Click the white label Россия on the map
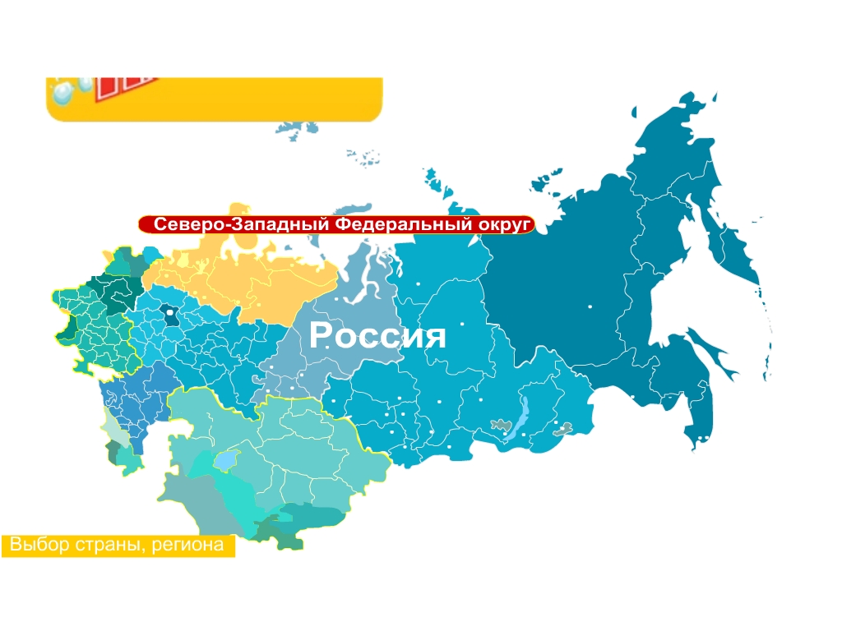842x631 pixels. [377, 336]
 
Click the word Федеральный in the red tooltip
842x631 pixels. [405, 224]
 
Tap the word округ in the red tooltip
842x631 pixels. [502, 224]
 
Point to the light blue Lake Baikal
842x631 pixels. [520, 419]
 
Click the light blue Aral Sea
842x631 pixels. [225, 460]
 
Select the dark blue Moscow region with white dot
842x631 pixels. [171, 315]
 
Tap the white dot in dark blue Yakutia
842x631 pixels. [590, 306]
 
